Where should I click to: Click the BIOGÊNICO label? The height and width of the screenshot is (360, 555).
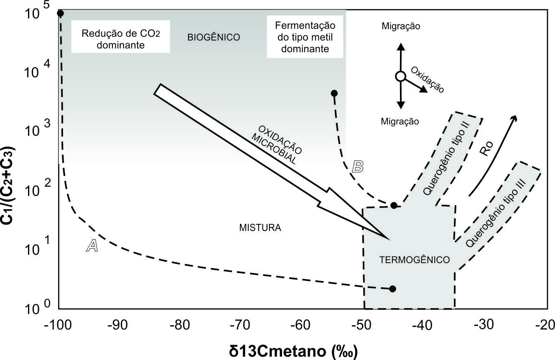tap(214, 37)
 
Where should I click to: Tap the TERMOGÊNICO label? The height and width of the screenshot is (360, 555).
tap(415, 260)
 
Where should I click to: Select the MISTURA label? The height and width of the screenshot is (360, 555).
tap(260, 228)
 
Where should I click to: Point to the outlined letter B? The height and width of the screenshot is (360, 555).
tap(358, 166)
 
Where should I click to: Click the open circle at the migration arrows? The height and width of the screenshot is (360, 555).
tap(400, 76)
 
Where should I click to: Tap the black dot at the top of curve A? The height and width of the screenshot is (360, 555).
tap(60, 13)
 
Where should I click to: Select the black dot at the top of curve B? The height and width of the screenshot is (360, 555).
tap(334, 93)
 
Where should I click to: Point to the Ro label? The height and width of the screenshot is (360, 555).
tap(487, 149)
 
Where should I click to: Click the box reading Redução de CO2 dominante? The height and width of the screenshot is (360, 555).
tap(120, 39)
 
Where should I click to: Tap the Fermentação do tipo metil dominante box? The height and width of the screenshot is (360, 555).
tap(305, 37)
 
